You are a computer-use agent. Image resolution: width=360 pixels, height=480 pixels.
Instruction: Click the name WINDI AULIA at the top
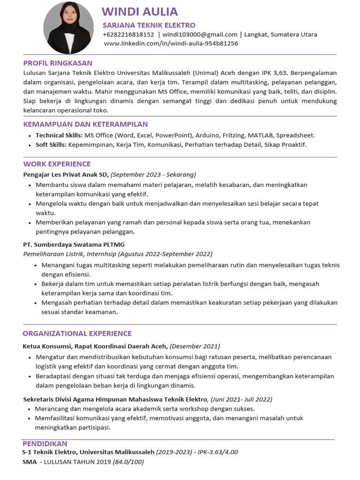click(x=140, y=12)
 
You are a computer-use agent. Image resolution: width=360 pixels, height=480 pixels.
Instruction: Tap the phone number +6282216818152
click(x=128, y=34)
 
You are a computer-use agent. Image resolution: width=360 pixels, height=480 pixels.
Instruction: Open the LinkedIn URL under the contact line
click(x=171, y=43)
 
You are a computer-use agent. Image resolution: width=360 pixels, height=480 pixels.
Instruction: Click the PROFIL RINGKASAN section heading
click(x=58, y=63)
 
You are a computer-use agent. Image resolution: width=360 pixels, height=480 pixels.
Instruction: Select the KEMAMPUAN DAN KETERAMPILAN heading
click(x=85, y=124)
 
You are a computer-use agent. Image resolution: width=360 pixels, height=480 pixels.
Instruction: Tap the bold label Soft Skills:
click(x=51, y=144)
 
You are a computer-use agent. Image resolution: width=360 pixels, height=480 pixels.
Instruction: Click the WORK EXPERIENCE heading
click(x=57, y=164)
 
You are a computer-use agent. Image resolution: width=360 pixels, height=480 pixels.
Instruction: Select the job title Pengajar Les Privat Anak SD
click(x=66, y=174)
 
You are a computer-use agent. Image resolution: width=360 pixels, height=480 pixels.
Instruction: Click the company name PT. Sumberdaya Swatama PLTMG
click(x=74, y=244)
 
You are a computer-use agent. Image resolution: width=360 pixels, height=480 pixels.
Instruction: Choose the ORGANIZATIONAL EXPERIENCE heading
click(x=77, y=333)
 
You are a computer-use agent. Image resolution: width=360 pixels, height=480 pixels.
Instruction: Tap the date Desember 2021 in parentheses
click(x=195, y=346)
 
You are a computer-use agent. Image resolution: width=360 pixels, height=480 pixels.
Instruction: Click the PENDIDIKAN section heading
click(x=45, y=443)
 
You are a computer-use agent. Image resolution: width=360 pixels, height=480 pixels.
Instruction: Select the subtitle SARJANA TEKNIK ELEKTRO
click(x=149, y=25)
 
